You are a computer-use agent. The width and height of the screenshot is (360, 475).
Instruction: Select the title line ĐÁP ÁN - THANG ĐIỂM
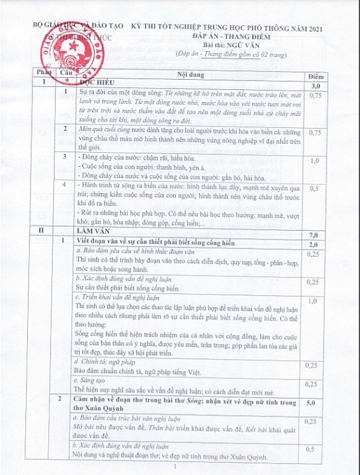coord(231,38)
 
